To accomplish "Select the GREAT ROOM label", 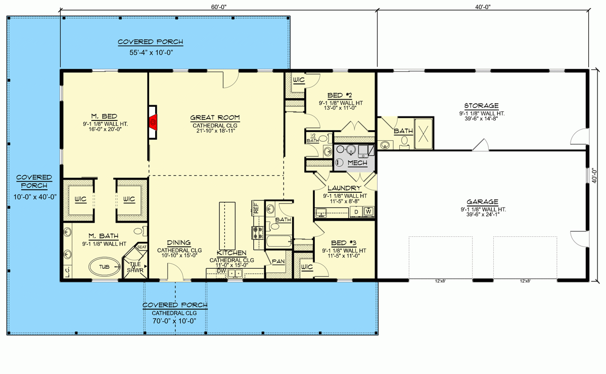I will pyautogui.click(x=215, y=118).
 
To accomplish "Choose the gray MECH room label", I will pyautogui.click(x=357, y=163).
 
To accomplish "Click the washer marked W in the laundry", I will pyautogui.click(x=368, y=211).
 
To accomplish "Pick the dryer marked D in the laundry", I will pyautogui.click(x=356, y=211).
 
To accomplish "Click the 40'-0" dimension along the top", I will pyautogui.click(x=483, y=7).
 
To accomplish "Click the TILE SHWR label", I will pyautogui.click(x=135, y=267).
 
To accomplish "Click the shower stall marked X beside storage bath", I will pyautogui.click(x=424, y=134).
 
